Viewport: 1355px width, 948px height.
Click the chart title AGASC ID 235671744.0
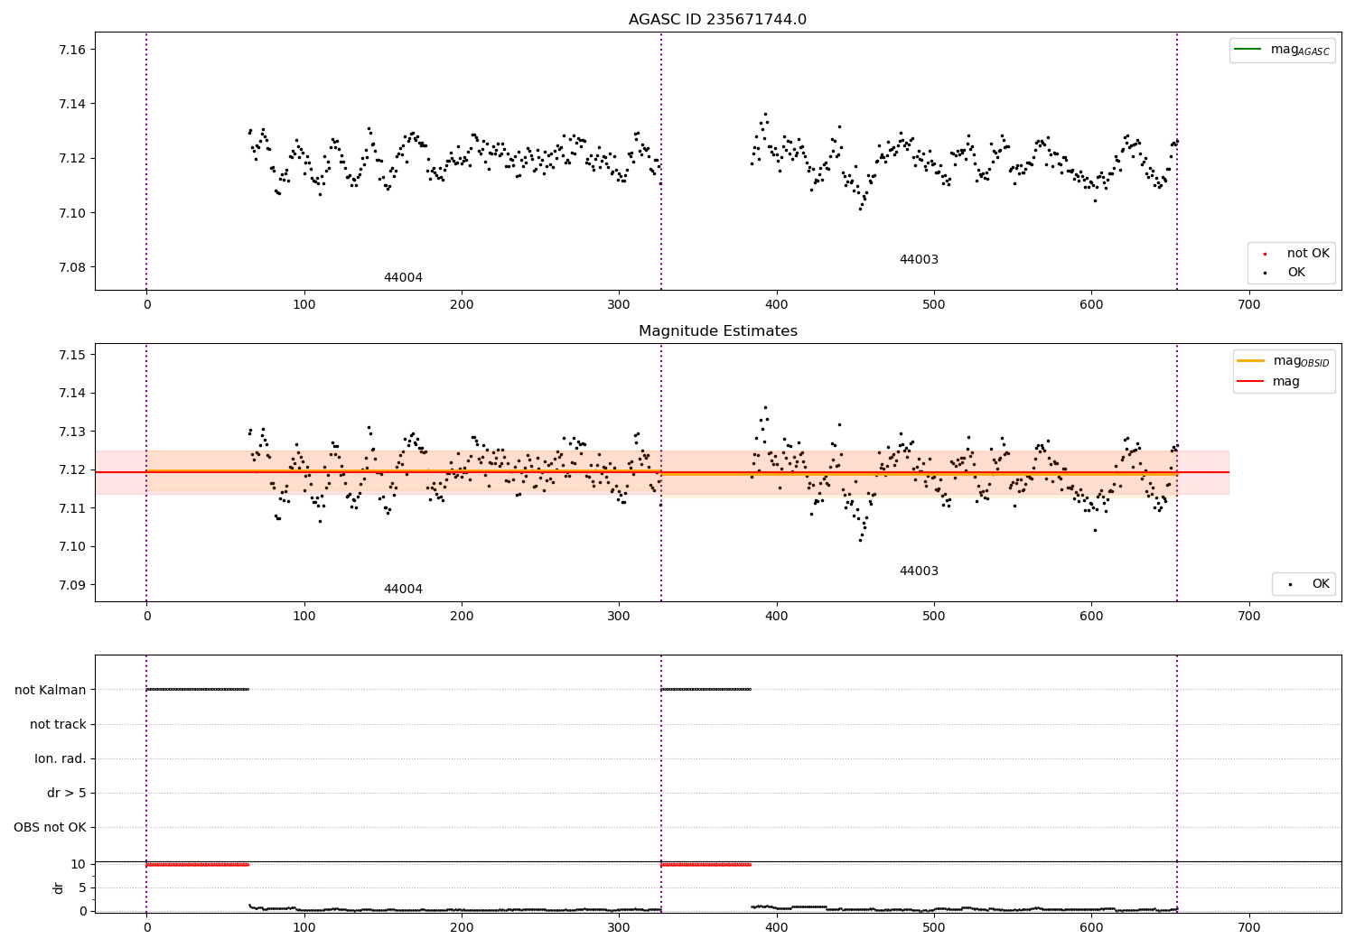tap(717, 20)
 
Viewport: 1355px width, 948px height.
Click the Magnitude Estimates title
tap(717, 331)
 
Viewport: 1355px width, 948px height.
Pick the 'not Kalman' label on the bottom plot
tap(51, 690)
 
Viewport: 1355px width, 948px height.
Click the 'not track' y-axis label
tap(58, 724)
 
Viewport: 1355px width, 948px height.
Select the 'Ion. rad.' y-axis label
tap(61, 758)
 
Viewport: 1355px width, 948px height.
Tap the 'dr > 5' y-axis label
tap(66, 793)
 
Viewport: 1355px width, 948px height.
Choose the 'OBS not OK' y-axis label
tap(50, 827)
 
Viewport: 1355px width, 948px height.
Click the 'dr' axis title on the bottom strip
tap(59, 888)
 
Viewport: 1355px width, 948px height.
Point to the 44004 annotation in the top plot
tap(403, 278)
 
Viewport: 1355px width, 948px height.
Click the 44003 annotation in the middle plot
tap(919, 572)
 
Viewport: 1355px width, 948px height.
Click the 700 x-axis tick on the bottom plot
tap(1248, 927)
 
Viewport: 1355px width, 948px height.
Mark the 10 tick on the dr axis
tap(78, 864)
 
